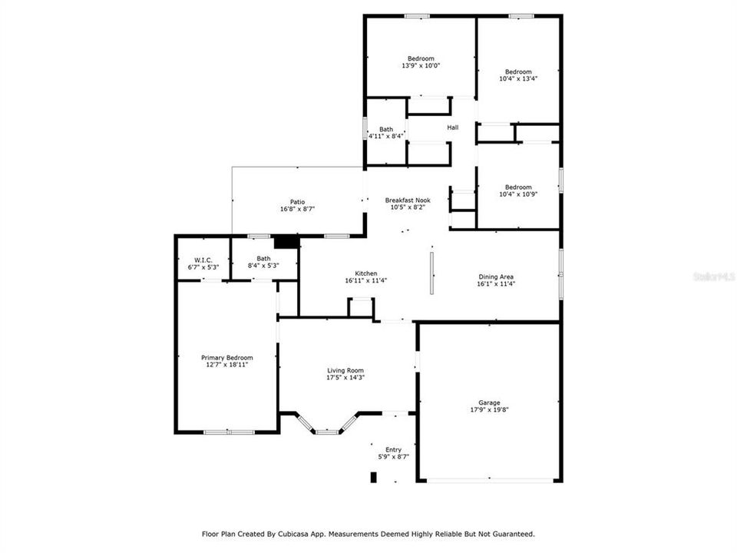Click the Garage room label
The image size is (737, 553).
pyautogui.click(x=489, y=402)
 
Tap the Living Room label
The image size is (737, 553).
pyautogui.click(x=345, y=370)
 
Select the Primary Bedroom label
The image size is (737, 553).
pyautogui.click(x=227, y=358)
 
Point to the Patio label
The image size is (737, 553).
pyautogui.click(x=297, y=202)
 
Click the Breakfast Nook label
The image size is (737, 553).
pyautogui.click(x=408, y=200)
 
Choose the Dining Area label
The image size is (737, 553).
pyautogui.click(x=496, y=277)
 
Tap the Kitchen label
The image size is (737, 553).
pyautogui.click(x=365, y=273)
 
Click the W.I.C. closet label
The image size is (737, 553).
pyautogui.click(x=203, y=260)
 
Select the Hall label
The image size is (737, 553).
pyautogui.click(x=453, y=127)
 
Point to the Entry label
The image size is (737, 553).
pyautogui.click(x=393, y=450)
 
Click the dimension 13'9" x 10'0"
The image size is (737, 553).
pyautogui.click(x=421, y=66)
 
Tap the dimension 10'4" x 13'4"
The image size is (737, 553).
pyautogui.click(x=518, y=79)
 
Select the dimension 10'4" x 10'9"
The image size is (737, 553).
pyautogui.click(x=518, y=194)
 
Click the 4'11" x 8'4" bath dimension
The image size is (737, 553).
pyautogui.click(x=386, y=137)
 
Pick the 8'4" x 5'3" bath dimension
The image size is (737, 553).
pyautogui.click(x=263, y=266)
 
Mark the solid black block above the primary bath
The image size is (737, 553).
pyautogui.click(x=286, y=242)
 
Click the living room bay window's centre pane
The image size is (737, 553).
pyautogui.click(x=327, y=431)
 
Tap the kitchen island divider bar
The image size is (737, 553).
pyautogui.click(x=431, y=273)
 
